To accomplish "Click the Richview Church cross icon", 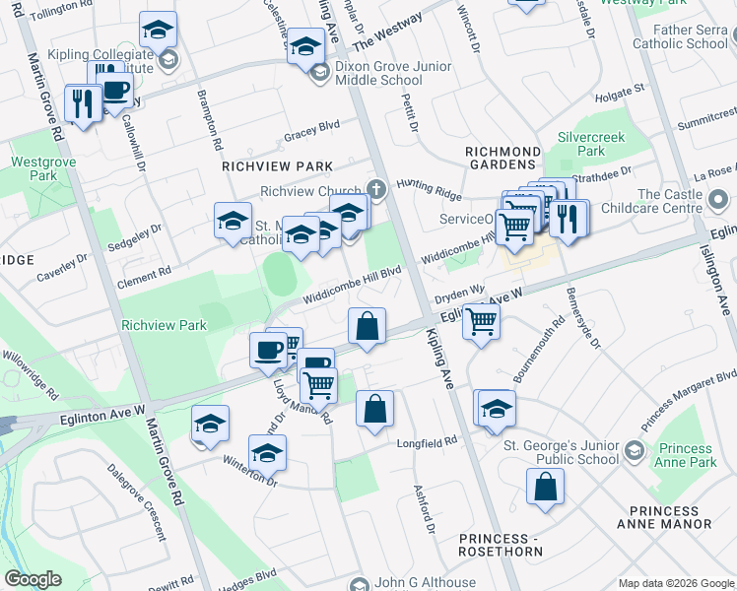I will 374,188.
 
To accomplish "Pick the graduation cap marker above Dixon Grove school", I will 305,44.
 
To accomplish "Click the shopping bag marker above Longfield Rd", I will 374,409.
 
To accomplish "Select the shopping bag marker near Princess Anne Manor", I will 545,488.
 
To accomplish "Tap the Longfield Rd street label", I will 427,442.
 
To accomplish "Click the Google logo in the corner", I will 33,579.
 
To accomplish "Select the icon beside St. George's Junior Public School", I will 634,450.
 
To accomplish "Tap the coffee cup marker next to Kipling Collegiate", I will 115,89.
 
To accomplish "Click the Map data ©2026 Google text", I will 675,582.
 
